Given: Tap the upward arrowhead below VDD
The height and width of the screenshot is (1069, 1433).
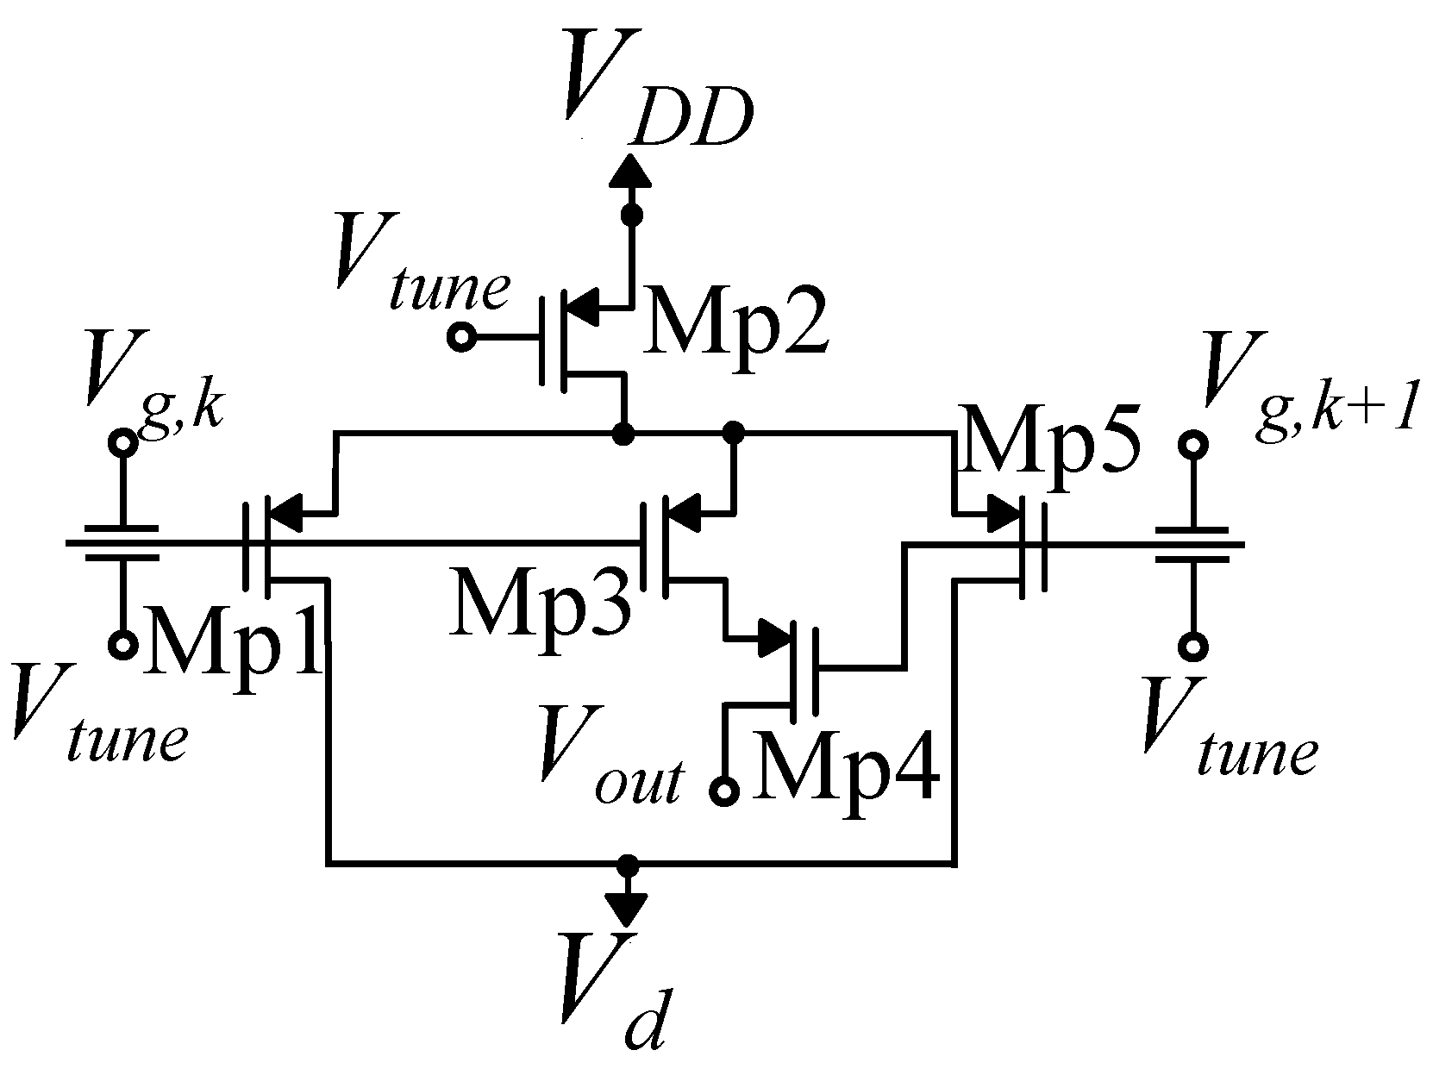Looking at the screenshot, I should (632, 173).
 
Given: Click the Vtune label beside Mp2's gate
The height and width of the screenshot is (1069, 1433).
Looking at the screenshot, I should (422, 264).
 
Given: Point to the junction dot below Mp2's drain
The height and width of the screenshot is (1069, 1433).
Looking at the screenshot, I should (622, 433).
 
